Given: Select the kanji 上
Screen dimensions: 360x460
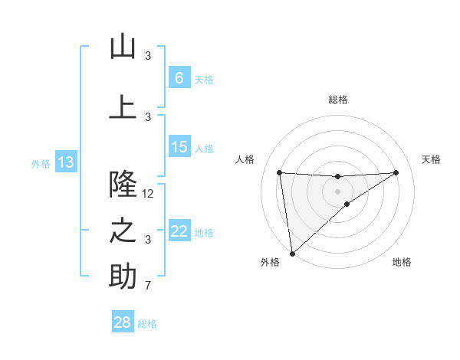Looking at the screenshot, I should (x=123, y=107).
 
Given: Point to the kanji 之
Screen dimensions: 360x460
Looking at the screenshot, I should (x=123, y=231).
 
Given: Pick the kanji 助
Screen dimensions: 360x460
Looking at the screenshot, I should (x=123, y=277).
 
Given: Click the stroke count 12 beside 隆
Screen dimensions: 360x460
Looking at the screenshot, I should (x=148, y=194).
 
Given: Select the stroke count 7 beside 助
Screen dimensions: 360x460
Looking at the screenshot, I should (x=148, y=286).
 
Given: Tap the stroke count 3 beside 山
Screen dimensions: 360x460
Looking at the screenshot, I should (x=148, y=56).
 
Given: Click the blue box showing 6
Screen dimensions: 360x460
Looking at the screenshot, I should (x=179, y=78).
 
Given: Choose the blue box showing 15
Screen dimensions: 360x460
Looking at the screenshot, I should (x=179, y=147).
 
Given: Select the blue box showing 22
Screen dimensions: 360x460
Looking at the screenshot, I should (x=179, y=231).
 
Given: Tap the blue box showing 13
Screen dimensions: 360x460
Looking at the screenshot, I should (x=65, y=162).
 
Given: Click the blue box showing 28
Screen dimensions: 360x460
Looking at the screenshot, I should (x=123, y=323).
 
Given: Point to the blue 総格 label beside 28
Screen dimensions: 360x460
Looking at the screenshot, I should (x=147, y=324).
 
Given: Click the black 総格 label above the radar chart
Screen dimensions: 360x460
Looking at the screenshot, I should (x=337, y=100).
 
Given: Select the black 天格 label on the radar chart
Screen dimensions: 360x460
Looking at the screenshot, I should (x=431, y=159).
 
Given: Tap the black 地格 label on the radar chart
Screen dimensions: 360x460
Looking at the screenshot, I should (x=402, y=262).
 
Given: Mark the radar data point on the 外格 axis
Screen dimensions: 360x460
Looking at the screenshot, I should (x=292, y=253).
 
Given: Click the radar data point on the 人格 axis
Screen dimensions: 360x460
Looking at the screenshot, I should (x=280, y=172).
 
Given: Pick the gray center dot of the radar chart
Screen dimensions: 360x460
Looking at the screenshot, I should (x=337, y=191).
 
